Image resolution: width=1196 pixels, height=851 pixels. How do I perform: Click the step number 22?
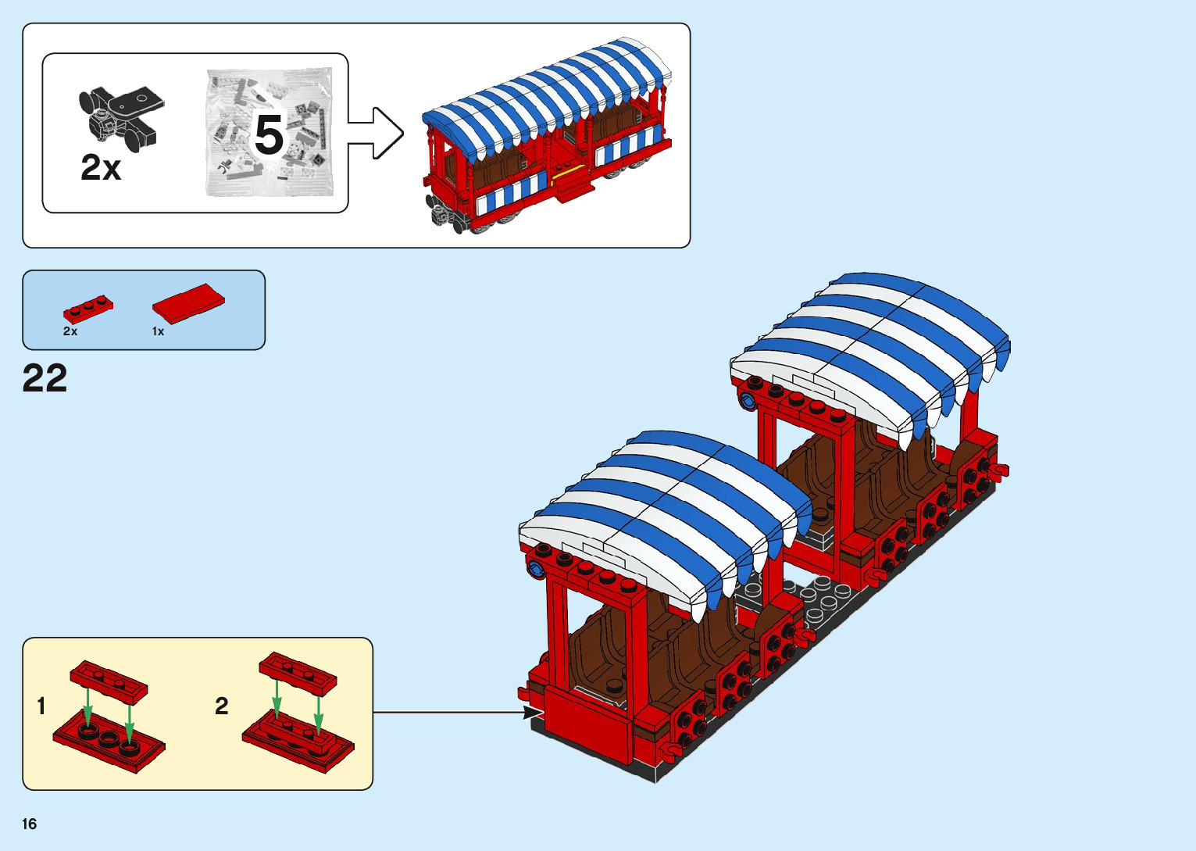[x=45, y=378]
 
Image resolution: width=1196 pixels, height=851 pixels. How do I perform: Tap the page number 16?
[x=30, y=824]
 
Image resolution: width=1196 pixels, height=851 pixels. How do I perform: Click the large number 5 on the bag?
[x=269, y=136]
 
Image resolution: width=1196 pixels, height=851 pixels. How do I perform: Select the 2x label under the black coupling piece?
[x=101, y=167]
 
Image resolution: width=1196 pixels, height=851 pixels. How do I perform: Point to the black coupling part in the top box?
[x=120, y=116]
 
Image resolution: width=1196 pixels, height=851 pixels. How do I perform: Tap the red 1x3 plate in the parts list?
[x=87, y=308]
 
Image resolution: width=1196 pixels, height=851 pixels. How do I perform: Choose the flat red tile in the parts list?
[x=188, y=302]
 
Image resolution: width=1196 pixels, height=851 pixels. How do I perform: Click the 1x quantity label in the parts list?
[x=158, y=331]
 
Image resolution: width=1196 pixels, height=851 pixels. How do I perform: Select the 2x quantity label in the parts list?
[x=70, y=331]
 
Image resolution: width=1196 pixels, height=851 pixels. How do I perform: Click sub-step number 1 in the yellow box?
[x=41, y=706]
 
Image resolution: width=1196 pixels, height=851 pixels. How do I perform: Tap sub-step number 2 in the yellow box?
[x=222, y=706]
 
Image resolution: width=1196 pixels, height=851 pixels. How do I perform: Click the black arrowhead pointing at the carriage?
[x=534, y=713]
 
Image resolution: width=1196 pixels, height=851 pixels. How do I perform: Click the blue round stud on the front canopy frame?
[x=537, y=568]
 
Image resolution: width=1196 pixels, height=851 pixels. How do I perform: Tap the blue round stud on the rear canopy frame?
[x=748, y=402]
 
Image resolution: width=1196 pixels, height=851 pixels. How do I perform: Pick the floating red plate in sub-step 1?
[x=109, y=681]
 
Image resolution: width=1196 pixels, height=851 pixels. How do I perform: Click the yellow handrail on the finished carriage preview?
[x=567, y=173]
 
